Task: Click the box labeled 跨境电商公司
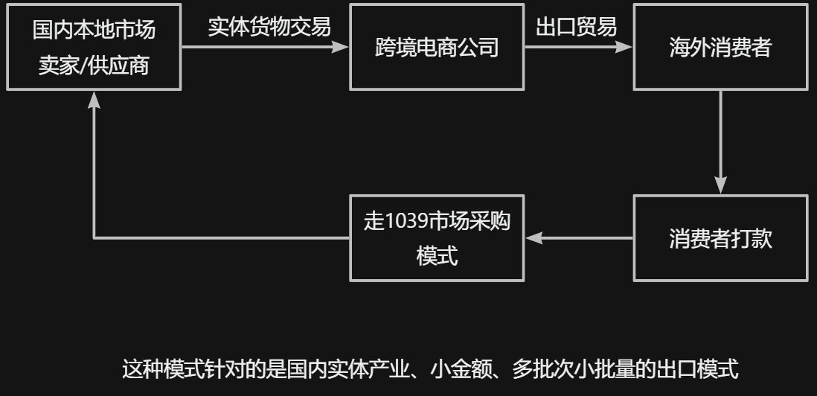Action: pos(437,47)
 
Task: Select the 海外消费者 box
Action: pos(720,47)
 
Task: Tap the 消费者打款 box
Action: pos(720,238)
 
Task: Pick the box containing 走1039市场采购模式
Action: pos(437,238)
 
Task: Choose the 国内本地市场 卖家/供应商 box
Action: pos(94,47)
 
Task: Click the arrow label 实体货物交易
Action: pos(269,27)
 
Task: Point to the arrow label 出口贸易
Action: pos(577,27)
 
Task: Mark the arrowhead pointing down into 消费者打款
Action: pos(720,186)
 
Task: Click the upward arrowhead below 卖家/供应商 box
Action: pos(94,100)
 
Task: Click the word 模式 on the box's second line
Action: pos(437,256)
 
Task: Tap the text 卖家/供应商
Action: pos(94,66)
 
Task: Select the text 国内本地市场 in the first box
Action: pos(94,30)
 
